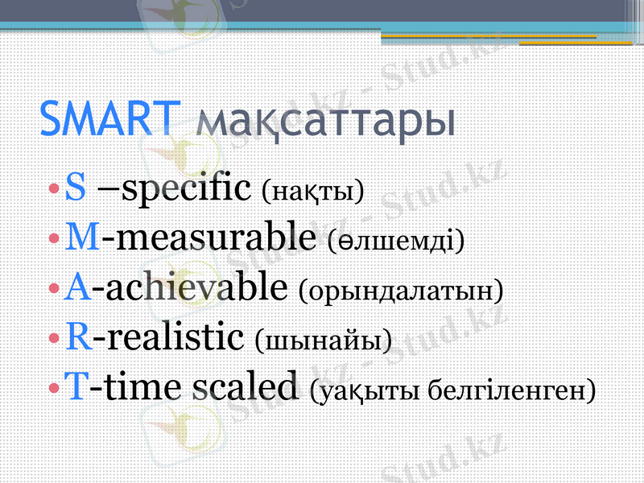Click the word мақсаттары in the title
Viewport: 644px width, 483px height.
pos(325,122)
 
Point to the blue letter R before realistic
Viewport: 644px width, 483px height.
pos(78,337)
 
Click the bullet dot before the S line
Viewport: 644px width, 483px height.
pos(53,192)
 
